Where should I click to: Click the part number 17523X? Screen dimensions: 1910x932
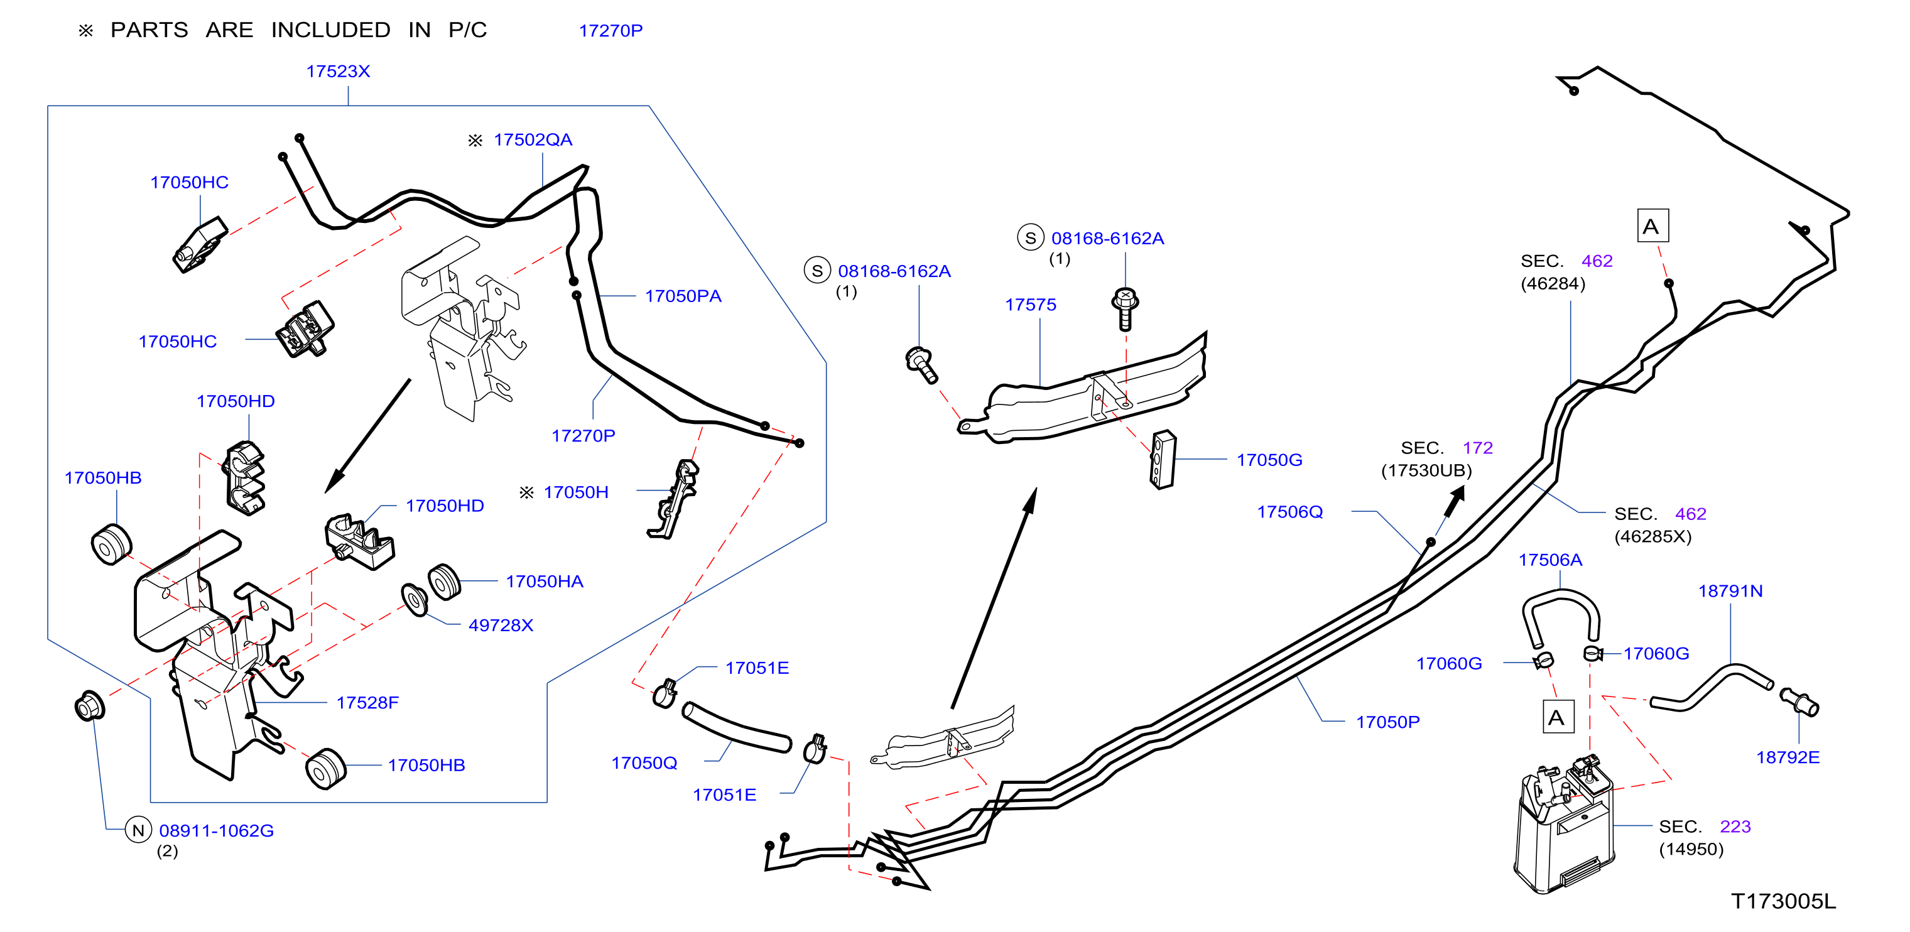[338, 71]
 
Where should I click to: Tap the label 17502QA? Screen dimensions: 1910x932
[533, 139]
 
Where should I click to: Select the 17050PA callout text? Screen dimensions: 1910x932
[683, 296]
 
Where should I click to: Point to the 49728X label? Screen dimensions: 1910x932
[501, 625]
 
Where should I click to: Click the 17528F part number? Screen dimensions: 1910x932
[368, 702]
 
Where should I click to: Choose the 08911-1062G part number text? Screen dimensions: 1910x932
[217, 830]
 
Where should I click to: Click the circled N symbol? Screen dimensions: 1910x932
[139, 830]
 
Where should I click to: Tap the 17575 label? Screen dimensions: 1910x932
[1031, 305]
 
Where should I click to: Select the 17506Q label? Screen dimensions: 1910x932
[1290, 512]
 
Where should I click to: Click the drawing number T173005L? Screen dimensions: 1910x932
[1783, 902]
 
